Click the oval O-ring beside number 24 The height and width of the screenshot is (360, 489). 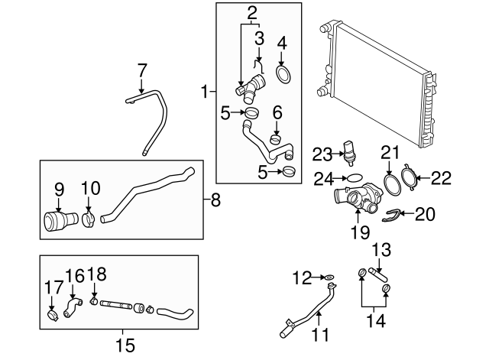[354, 180]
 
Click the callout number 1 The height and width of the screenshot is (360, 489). [203, 92]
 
